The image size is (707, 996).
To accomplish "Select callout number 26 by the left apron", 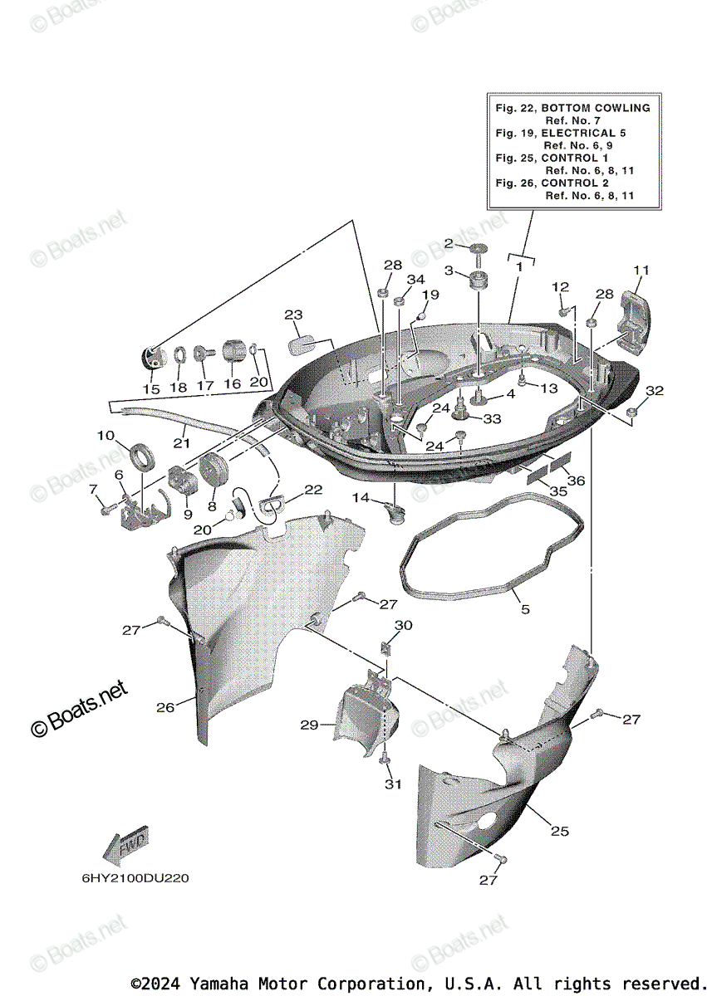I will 165,707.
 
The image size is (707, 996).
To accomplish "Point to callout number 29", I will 309,725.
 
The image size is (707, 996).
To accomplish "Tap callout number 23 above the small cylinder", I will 293,315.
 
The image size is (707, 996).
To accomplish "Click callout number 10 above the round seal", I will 105,435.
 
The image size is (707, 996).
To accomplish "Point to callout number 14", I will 360,497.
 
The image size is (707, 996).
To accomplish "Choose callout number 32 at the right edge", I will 655,390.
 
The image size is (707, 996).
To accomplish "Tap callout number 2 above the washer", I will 449,243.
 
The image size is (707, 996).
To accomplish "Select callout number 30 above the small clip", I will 403,624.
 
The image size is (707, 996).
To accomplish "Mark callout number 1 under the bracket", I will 518,267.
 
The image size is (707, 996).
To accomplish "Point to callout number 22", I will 312,490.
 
